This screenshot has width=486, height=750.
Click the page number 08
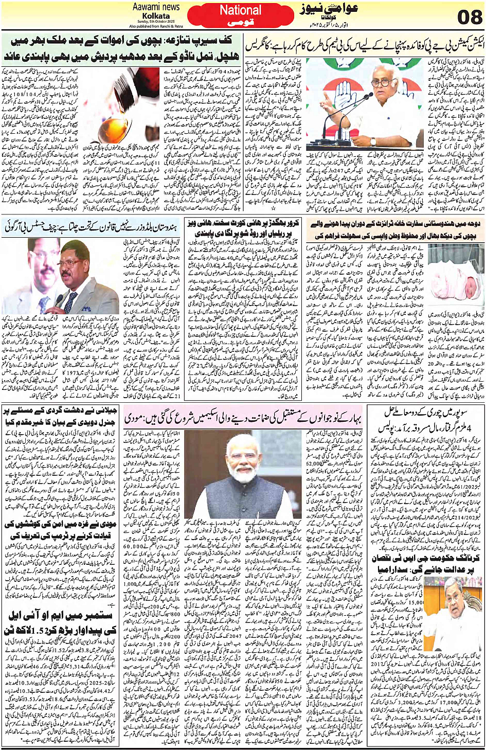point(469,17)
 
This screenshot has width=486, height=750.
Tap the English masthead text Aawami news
point(156,7)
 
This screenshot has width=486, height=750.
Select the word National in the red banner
point(240,10)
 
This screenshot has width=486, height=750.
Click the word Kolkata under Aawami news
point(156,16)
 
